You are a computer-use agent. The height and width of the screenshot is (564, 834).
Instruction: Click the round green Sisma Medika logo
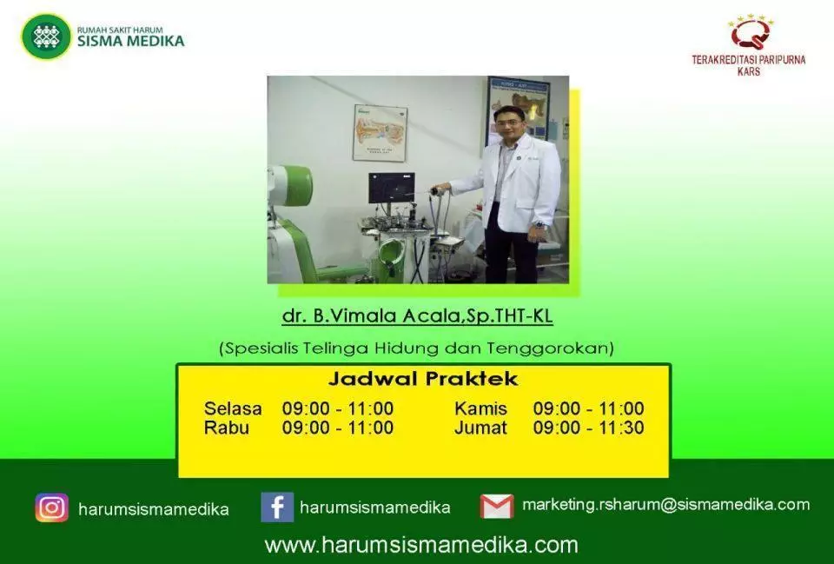click(x=46, y=36)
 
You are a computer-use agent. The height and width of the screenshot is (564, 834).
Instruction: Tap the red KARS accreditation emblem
click(x=750, y=34)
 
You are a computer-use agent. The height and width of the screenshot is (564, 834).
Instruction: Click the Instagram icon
click(x=51, y=507)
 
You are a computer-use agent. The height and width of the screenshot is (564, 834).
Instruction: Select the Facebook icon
click(x=277, y=507)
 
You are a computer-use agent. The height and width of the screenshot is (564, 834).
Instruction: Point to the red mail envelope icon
click(x=497, y=506)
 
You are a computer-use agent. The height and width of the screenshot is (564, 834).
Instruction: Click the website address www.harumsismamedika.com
click(x=421, y=545)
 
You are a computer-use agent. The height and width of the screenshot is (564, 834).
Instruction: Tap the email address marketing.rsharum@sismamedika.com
click(x=666, y=504)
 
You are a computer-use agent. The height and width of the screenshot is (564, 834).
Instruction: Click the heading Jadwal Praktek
click(x=423, y=379)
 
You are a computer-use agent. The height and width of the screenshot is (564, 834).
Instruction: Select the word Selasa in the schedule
click(x=233, y=408)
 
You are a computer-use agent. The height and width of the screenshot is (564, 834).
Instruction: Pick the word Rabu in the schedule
click(x=227, y=428)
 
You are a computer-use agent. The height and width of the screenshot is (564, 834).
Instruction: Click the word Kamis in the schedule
click(x=480, y=408)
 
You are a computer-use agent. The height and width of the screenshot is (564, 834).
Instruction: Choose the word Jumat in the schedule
click(x=480, y=428)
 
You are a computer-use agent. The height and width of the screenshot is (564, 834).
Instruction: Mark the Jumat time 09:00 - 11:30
click(x=589, y=428)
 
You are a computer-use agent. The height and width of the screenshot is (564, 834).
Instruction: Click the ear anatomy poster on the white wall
click(x=381, y=133)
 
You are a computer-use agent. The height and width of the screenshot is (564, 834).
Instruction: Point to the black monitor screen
click(x=392, y=188)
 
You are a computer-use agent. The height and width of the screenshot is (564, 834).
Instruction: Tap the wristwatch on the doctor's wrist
click(x=540, y=226)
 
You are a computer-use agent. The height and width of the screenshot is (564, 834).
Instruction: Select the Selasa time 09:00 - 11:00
click(x=338, y=408)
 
